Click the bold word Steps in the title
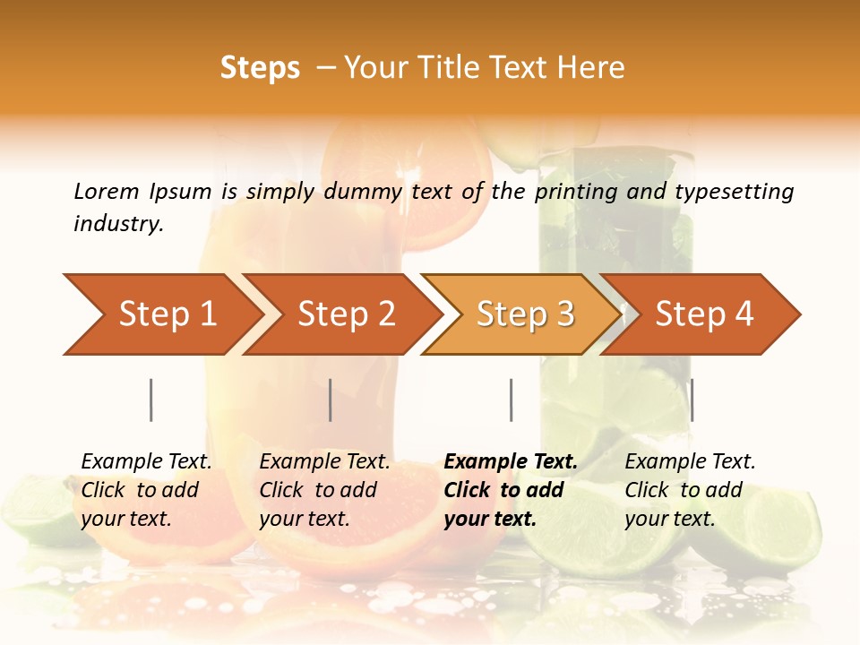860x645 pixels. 260,68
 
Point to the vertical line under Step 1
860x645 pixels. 151,400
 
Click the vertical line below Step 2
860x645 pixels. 331,400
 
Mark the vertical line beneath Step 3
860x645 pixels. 511,400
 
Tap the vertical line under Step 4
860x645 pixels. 692,400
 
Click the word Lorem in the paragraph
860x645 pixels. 107,191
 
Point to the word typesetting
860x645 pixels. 734,191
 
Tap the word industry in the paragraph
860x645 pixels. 117,223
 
